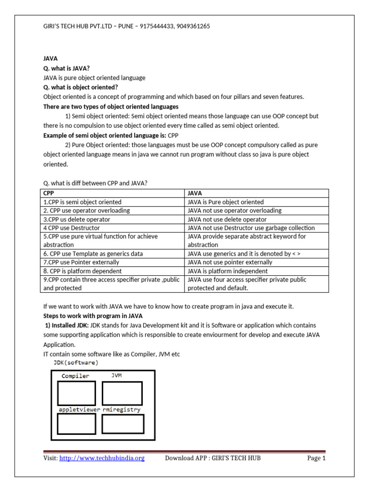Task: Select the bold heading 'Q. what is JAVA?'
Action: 66,69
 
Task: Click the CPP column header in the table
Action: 49,193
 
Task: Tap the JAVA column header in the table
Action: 196,193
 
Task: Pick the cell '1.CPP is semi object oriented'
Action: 83,202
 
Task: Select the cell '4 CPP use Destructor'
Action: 72,228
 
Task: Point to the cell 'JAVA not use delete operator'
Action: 227,219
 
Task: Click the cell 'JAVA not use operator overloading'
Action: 234,210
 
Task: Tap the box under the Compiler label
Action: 76,394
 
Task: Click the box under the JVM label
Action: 122,394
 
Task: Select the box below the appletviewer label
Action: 76,424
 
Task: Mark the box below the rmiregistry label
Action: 123,424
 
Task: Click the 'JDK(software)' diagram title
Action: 75,362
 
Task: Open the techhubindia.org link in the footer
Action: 102,458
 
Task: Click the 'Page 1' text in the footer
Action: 316,458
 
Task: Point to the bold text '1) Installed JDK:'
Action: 66,326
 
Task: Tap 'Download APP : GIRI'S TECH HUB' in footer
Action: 213,458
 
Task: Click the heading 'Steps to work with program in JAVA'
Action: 93,315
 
